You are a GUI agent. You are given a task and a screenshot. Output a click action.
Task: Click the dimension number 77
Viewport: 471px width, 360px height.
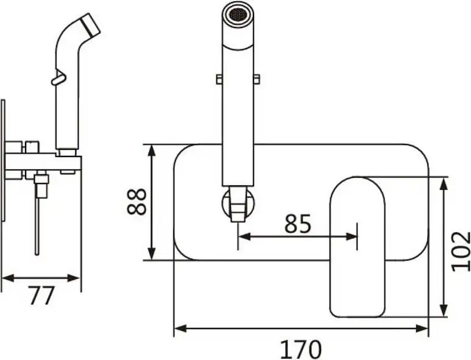point(41,295)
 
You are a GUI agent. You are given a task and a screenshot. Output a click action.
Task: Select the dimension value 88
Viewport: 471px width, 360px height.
point(136,202)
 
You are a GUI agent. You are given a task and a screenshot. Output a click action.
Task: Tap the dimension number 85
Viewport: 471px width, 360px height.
point(298,224)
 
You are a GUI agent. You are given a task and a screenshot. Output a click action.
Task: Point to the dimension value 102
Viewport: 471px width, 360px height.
point(461,251)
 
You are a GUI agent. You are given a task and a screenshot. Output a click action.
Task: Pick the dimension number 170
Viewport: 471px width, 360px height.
point(300,349)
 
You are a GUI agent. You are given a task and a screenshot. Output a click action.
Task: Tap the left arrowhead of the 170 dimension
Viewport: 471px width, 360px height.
point(180,328)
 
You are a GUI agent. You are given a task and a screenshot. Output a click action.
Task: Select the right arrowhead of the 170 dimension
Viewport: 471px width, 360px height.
point(422,328)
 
